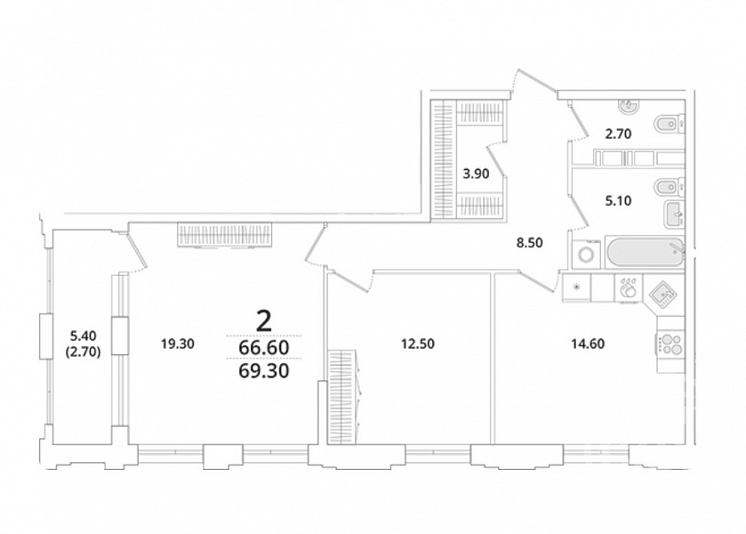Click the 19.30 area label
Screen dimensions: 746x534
(178, 344)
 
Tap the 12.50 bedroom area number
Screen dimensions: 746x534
(418, 344)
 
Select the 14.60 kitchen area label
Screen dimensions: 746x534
(588, 344)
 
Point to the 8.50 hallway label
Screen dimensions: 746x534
(530, 243)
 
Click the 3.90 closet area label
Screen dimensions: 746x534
(476, 174)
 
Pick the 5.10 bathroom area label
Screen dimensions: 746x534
(618, 200)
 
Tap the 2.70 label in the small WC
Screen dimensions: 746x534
(618, 133)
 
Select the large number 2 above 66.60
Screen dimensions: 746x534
(264, 320)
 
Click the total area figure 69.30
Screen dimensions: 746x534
(263, 370)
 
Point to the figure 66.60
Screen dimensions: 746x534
(263, 348)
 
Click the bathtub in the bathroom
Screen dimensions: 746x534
(645, 253)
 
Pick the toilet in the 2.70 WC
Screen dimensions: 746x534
(670, 125)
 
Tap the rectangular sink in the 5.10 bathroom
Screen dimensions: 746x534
(674, 214)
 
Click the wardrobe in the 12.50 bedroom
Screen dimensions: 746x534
(343, 397)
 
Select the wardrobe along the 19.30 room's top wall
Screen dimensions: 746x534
(226, 235)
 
